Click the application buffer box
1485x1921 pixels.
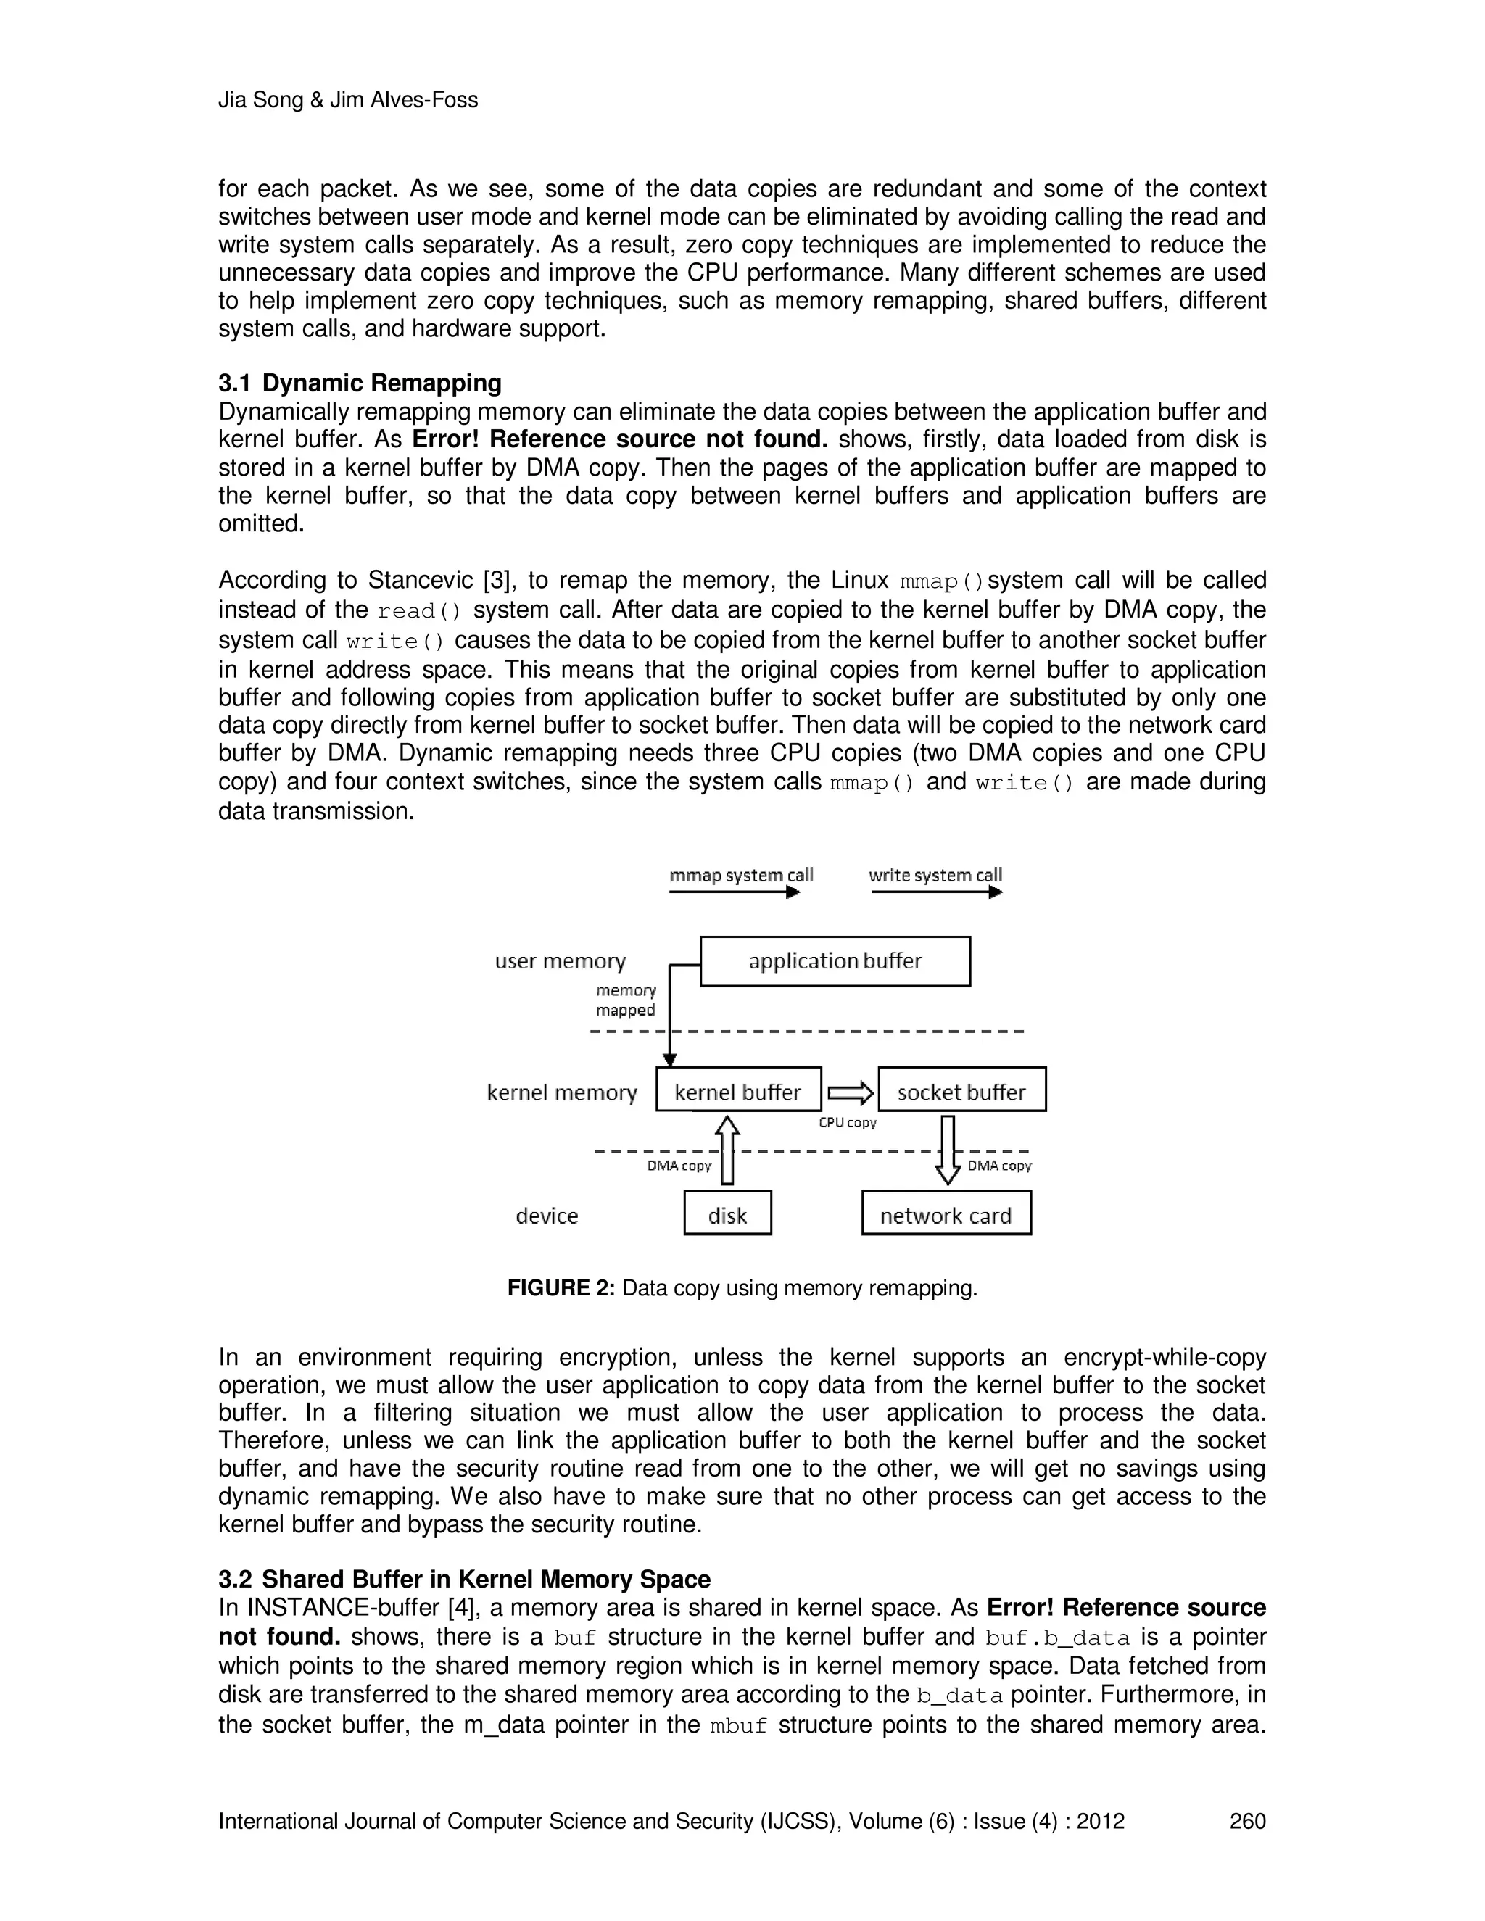834,961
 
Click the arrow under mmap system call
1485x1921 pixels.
734,892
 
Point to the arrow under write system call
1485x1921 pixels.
936,892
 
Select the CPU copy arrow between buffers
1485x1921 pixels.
850,1093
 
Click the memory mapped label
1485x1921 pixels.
626,1000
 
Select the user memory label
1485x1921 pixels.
561,961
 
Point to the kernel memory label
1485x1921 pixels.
562,1092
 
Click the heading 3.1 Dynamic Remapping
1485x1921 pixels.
360,383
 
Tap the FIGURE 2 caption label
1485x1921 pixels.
561,1289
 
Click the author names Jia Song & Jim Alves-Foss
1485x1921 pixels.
347,100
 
